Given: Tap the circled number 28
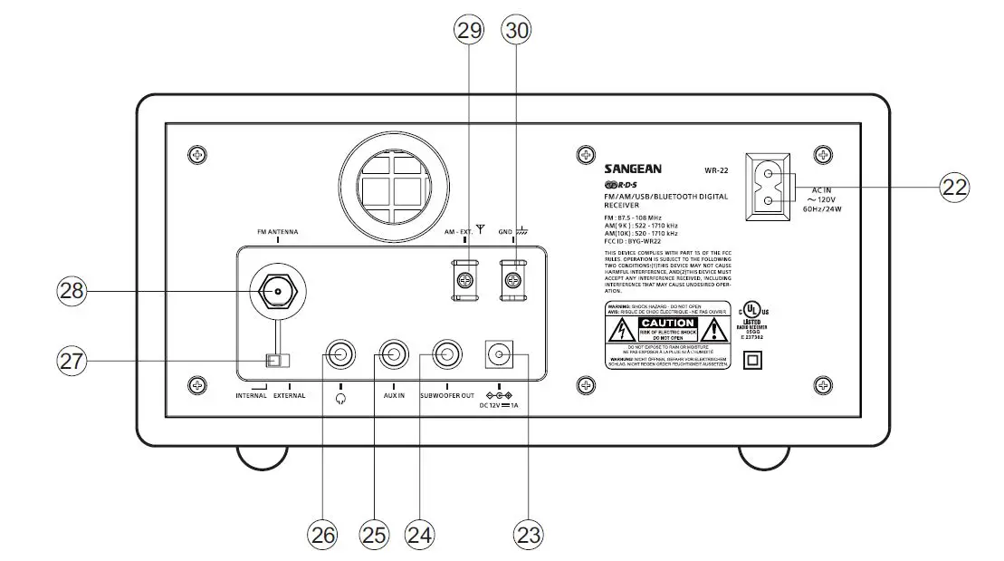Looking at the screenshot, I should tap(72, 290).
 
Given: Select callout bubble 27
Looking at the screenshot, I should tap(72, 361).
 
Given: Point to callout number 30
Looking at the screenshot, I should tap(517, 29).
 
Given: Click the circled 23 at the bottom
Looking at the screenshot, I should tap(529, 534).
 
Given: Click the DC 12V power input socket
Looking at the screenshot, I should tap(500, 354).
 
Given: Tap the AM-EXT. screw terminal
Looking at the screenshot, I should tap(464, 281).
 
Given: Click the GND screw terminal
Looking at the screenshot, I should tap(513, 281).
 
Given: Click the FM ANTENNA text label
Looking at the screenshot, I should tap(278, 233).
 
